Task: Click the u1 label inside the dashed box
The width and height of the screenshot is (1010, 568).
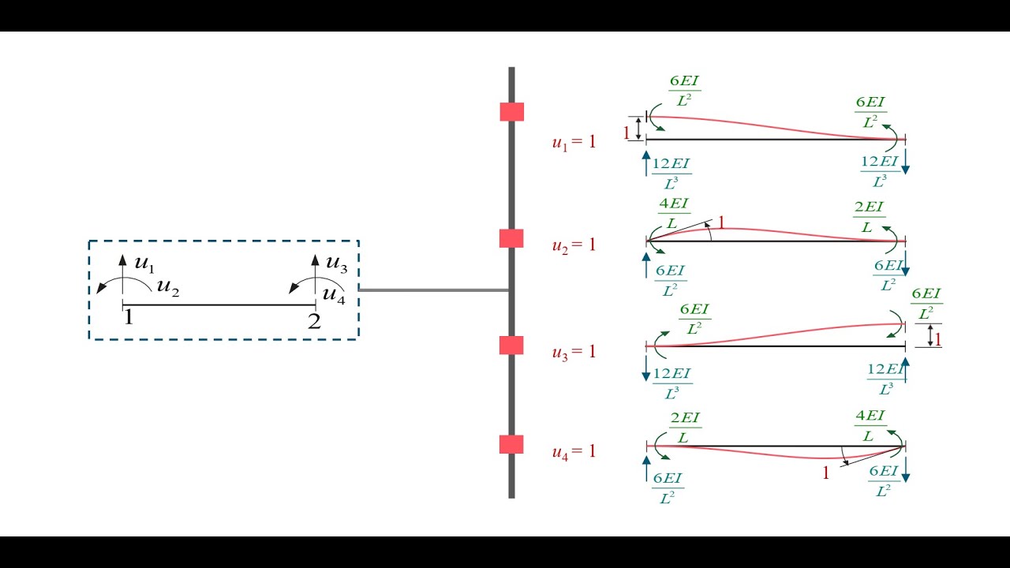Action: point(144,263)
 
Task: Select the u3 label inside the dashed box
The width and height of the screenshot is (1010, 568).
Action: point(337,263)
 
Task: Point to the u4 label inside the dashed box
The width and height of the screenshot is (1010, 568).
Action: point(335,295)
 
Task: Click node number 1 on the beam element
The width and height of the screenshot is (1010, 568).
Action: point(128,318)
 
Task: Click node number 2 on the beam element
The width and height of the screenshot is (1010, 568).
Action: point(314,321)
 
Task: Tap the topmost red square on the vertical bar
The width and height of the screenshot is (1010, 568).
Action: point(511,111)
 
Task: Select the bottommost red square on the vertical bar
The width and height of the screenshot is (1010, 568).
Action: point(511,444)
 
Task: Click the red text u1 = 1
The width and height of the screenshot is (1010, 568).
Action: point(574,143)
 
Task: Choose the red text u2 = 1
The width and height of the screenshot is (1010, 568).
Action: point(574,245)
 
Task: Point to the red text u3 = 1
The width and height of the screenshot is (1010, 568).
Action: point(574,352)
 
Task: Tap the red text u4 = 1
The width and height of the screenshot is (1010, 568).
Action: point(574,452)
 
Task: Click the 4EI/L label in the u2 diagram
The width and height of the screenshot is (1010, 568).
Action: point(674,215)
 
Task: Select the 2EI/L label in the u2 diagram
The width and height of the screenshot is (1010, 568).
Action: point(869,216)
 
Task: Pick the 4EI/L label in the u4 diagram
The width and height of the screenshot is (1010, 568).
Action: point(870,426)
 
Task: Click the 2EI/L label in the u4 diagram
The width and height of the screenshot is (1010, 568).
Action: point(685,427)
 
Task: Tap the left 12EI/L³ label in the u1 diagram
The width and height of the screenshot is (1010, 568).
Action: point(672,172)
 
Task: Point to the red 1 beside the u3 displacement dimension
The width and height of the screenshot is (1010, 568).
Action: point(938,339)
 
